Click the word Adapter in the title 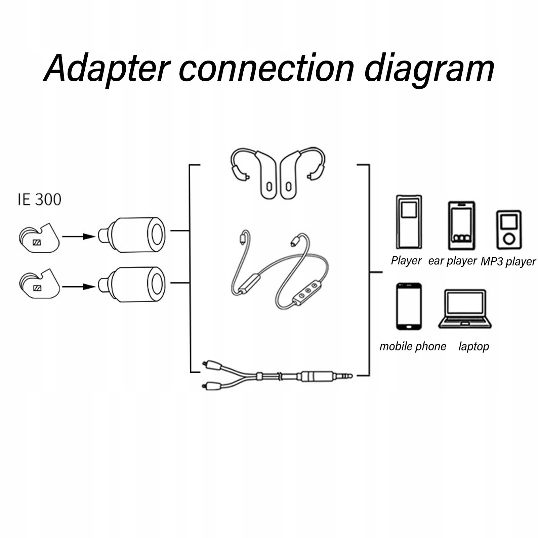[107, 69]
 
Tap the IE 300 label [39, 199]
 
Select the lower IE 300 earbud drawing [39, 284]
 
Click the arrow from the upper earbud [79, 237]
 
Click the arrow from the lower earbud [79, 287]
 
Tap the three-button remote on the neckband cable [306, 291]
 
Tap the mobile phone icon [409, 306]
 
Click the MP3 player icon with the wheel [509, 230]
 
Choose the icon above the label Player [409, 222]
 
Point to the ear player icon [461, 225]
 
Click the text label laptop [473, 346]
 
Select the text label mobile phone [413, 346]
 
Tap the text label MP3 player [508, 261]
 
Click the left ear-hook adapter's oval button [269, 186]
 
